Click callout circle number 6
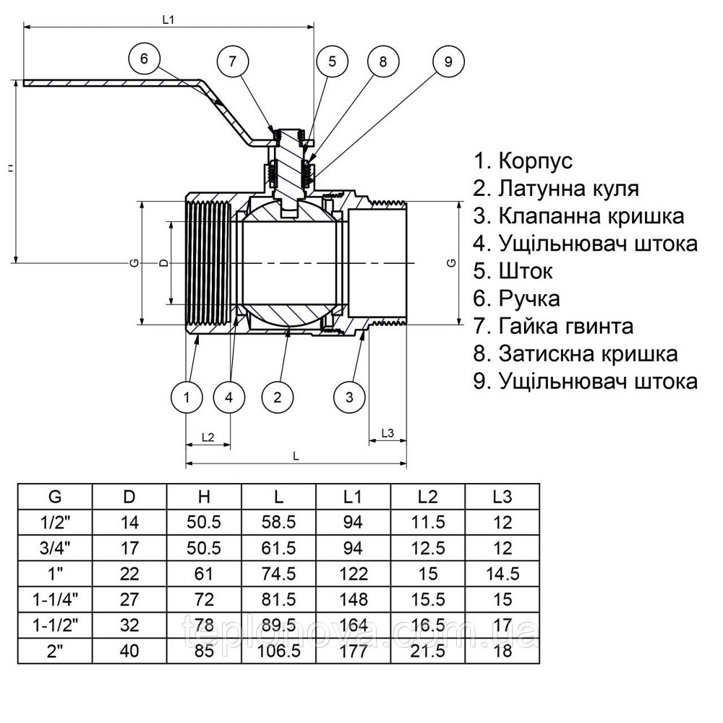point(144,59)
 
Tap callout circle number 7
point(232,61)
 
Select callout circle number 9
point(448,61)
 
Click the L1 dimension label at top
point(168,20)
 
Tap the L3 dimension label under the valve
point(387,433)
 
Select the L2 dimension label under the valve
point(208,437)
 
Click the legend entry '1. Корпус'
point(523,161)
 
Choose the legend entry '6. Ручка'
point(516,298)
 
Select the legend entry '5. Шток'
point(513,270)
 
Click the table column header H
point(205,497)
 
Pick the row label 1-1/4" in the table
point(56,599)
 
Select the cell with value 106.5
point(279,650)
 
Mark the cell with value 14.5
point(502,574)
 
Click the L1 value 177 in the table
point(354,650)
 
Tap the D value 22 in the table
point(130,574)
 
